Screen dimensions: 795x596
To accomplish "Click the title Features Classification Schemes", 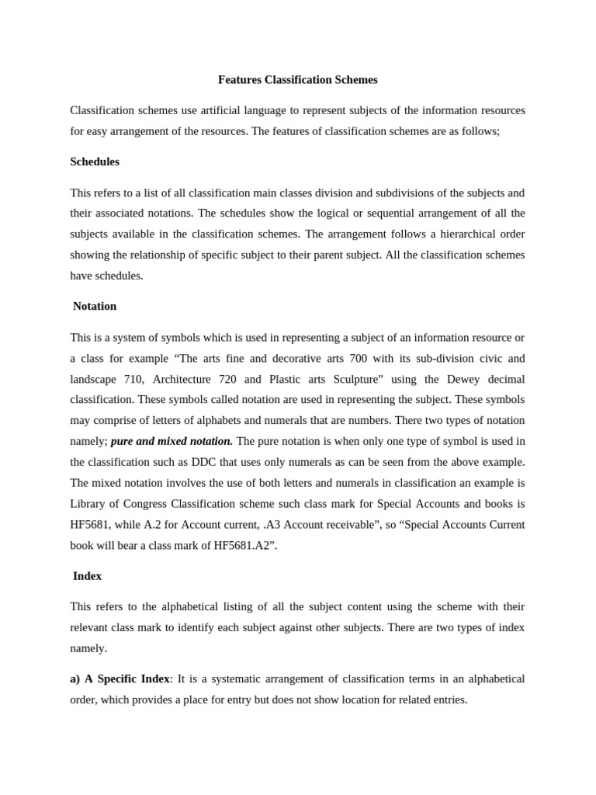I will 297,80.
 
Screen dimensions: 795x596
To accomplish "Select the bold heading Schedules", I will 95,161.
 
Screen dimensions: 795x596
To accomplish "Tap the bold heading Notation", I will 95,306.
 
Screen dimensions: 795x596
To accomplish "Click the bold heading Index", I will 87,576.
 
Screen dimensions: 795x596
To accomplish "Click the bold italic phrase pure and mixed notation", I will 172,441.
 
